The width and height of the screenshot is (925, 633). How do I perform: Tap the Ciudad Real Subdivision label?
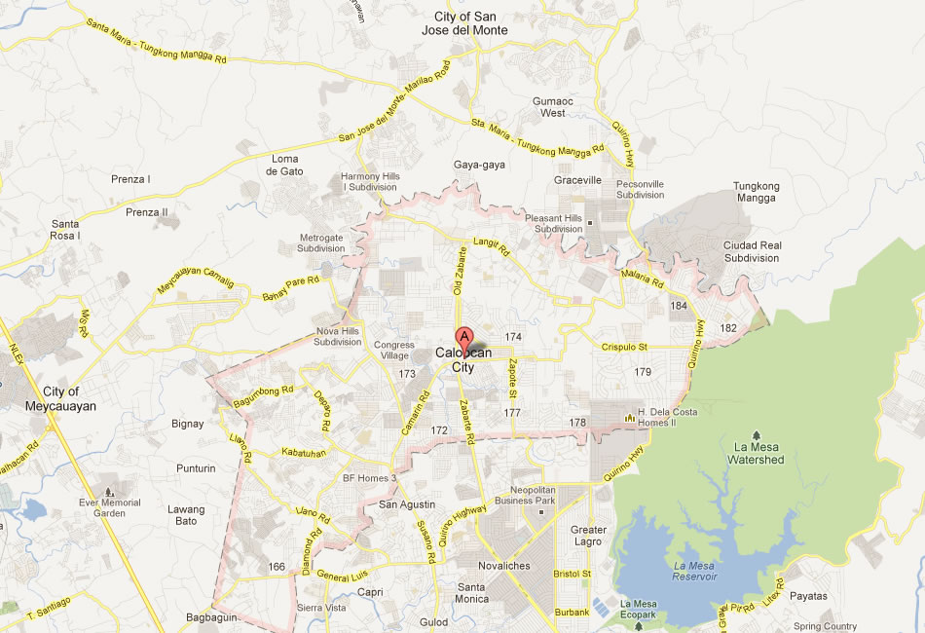click(752, 252)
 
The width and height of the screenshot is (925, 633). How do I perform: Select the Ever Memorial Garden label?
click(110, 507)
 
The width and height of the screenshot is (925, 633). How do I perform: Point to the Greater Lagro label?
click(588, 536)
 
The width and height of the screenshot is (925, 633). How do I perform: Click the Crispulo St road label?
click(624, 347)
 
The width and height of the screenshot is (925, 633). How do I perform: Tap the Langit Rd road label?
click(492, 248)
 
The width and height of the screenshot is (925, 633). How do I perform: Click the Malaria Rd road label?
click(644, 279)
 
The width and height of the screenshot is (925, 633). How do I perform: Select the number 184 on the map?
click(680, 306)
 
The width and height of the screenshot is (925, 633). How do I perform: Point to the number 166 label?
click(277, 567)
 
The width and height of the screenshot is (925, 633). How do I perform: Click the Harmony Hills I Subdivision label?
click(370, 181)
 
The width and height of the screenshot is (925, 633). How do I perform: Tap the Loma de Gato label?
click(285, 165)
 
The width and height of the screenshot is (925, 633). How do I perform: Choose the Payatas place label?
click(809, 596)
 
